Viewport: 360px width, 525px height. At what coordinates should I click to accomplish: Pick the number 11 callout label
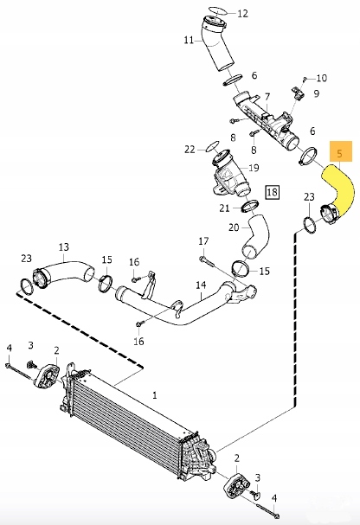click(189, 40)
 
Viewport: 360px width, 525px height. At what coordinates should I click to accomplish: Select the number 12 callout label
click(242, 14)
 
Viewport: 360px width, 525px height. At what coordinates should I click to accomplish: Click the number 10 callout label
click(321, 78)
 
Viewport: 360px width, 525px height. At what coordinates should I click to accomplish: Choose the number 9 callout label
click(316, 93)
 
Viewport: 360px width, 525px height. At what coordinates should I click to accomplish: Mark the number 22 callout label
click(190, 150)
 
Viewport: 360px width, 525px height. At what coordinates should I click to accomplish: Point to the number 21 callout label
click(224, 208)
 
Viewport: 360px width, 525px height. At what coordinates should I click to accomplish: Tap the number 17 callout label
click(203, 240)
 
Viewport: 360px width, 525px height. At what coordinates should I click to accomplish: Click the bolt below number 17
click(205, 259)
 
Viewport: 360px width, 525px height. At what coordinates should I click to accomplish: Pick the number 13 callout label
click(62, 246)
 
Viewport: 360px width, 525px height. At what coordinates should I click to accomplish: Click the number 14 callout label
click(201, 285)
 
